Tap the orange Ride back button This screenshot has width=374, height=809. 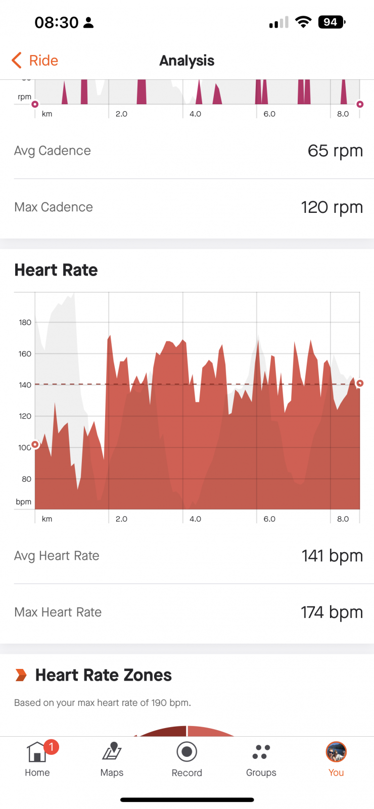point(35,60)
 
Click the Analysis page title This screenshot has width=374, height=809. point(187,61)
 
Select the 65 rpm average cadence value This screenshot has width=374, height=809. point(335,151)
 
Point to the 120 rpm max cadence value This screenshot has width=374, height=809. point(332,207)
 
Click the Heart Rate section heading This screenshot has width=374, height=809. point(56,270)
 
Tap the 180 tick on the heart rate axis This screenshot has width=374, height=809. point(25,322)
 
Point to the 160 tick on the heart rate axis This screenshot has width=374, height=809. point(25,353)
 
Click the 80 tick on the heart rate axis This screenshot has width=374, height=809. point(26,479)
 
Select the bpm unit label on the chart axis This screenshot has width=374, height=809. point(23,502)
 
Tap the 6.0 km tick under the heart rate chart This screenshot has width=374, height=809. point(269,519)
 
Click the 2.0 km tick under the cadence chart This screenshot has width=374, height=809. point(121,114)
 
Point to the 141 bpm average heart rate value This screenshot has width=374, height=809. point(332,556)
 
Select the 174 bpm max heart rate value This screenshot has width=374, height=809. point(332,612)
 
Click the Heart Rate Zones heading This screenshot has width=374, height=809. point(103,675)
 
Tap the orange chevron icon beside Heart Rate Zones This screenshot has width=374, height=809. point(21,675)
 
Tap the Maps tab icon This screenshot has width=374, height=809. point(112,751)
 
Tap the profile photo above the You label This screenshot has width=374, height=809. point(336,751)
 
